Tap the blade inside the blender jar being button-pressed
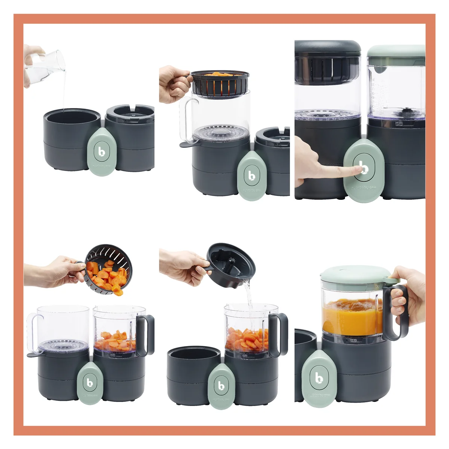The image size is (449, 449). (406, 110)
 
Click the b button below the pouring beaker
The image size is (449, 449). (101, 151)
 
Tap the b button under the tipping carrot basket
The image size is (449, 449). (90, 382)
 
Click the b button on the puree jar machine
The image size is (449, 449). (319, 378)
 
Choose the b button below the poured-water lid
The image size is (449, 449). (222, 385)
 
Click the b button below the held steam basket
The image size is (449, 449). (252, 175)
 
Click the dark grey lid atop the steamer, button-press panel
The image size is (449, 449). (327, 47)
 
